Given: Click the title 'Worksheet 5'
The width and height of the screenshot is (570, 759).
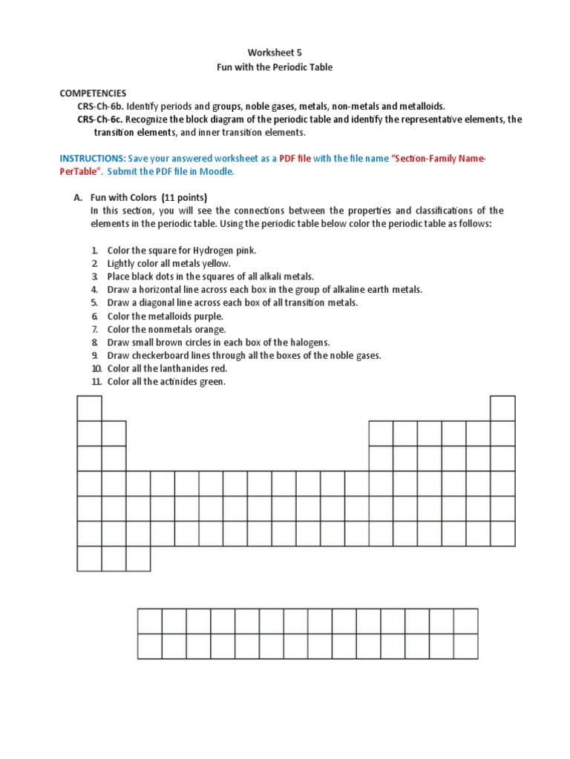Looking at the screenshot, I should (x=275, y=53).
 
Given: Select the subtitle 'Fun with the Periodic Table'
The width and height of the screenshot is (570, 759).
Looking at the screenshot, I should (x=275, y=67).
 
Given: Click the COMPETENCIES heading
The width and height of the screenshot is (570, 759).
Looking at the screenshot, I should (x=93, y=93).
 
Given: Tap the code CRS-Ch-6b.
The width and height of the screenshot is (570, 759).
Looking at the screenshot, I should (x=101, y=107).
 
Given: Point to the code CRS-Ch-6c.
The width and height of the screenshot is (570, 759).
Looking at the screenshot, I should (x=101, y=119).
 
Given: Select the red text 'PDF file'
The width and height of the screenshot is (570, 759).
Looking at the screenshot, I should (x=295, y=159).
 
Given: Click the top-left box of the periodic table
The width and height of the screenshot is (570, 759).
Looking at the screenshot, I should (x=89, y=408).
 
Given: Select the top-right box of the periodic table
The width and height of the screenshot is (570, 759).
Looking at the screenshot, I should (x=502, y=408).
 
